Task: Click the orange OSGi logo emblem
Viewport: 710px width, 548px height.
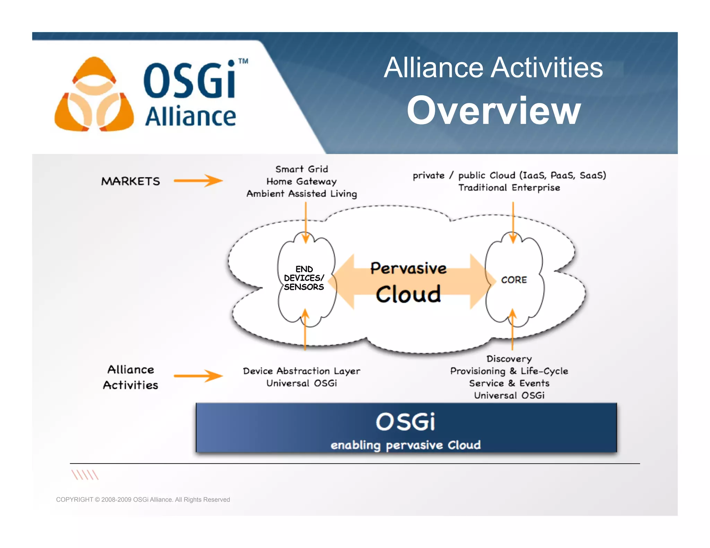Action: [x=94, y=95]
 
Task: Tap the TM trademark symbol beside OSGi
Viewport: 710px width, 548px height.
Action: [x=243, y=61]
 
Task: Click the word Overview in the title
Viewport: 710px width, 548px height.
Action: [x=494, y=110]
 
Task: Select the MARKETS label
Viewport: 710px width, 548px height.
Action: [x=131, y=181]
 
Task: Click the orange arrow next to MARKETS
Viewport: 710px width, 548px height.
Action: [x=198, y=180]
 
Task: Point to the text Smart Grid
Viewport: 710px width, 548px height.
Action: [x=302, y=169]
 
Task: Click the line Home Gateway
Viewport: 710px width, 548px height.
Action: [x=302, y=182]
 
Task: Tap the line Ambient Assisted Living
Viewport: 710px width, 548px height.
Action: [x=302, y=194]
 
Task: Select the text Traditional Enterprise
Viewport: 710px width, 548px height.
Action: [x=509, y=188]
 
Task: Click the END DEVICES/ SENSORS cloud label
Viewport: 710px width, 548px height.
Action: [x=304, y=278]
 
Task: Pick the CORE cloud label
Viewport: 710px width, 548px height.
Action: [x=514, y=280]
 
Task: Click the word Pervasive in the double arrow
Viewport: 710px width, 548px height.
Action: [x=408, y=268]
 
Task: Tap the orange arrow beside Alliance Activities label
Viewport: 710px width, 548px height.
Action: [x=198, y=376]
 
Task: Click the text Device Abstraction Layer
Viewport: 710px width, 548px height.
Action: [x=302, y=371]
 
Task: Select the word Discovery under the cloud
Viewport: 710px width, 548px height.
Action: [x=509, y=359]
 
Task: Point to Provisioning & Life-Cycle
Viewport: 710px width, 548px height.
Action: [x=509, y=371]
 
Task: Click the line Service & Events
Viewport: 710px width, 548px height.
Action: [x=509, y=383]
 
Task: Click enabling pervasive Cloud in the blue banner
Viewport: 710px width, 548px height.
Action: [x=406, y=445]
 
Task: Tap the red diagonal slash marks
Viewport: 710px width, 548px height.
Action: [x=85, y=475]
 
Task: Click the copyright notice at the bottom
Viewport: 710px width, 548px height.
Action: [x=143, y=500]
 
